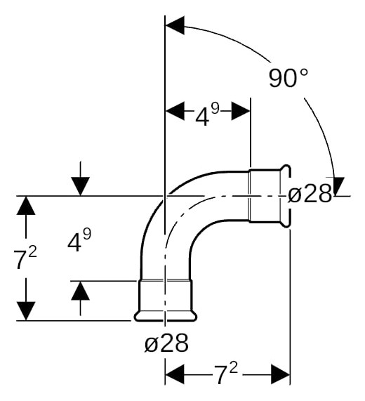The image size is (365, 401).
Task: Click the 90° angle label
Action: click(288, 78)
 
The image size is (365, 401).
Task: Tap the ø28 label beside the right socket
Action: click(310, 195)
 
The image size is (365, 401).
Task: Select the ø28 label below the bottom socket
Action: click(166, 343)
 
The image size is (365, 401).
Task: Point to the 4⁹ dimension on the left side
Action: click(79, 240)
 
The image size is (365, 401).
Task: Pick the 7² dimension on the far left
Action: click(25, 258)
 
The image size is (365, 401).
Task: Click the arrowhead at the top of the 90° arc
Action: click(175, 25)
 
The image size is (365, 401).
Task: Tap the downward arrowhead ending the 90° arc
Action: click(336, 186)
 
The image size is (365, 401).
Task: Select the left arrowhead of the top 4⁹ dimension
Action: click(175, 111)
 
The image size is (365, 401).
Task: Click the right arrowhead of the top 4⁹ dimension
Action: click(241, 111)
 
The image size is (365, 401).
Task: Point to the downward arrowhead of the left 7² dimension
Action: click(25, 310)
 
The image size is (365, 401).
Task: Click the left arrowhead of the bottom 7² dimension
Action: click(175, 374)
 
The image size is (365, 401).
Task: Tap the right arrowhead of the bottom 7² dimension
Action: click(280, 374)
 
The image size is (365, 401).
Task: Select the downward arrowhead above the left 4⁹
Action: click(81, 186)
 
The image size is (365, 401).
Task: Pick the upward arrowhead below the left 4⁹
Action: click(81, 291)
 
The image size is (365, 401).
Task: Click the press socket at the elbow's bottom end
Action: click(166, 301)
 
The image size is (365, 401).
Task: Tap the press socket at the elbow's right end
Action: click(270, 196)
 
